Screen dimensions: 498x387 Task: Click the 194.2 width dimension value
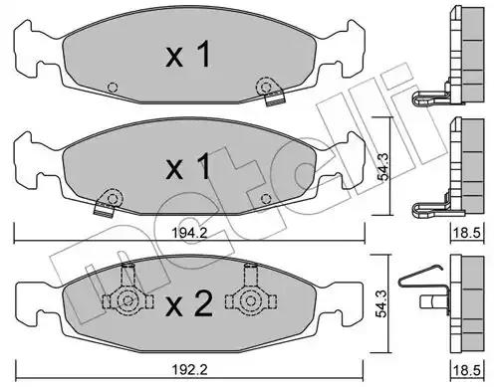(x=189, y=233)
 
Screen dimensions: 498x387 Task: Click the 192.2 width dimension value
(x=189, y=369)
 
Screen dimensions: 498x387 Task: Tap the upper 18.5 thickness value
(x=467, y=233)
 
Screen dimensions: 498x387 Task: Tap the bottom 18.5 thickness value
(x=467, y=370)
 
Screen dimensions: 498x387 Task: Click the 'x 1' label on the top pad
(x=188, y=54)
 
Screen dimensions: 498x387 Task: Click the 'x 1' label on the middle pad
(x=188, y=166)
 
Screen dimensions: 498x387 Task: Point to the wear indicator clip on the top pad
(x=271, y=92)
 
